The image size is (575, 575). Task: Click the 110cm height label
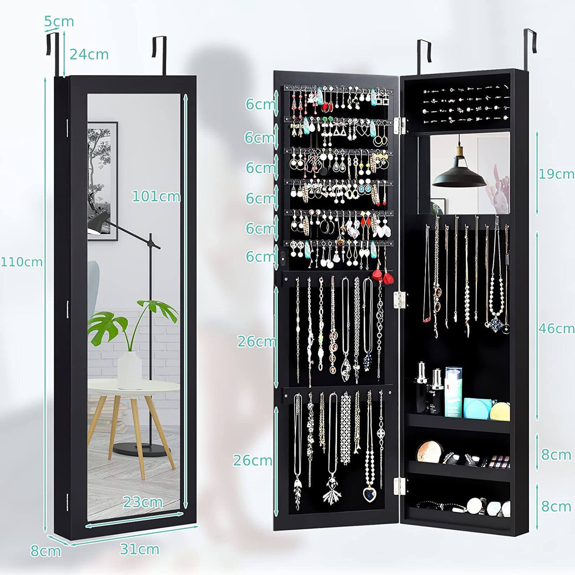pyautogui.click(x=22, y=262)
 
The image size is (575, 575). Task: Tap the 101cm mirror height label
pyautogui.click(x=156, y=196)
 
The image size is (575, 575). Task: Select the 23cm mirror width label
pyautogui.click(x=143, y=503)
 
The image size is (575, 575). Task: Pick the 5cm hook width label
pyautogui.click(x=59, y=21)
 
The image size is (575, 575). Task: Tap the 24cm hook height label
pyautogui.click(x=89, y=55)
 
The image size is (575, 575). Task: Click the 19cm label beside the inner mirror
pyautogui.click(x=556, y=174)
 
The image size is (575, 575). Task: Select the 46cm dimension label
pyautogui.click(x=556, y=329)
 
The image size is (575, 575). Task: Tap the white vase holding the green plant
pyautogui.click(x=129, y=370)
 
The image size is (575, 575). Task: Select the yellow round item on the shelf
pyautogui.click(x=500, y=412)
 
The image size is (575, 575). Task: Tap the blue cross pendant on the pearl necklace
pyautogui.click(x=497, y=322)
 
